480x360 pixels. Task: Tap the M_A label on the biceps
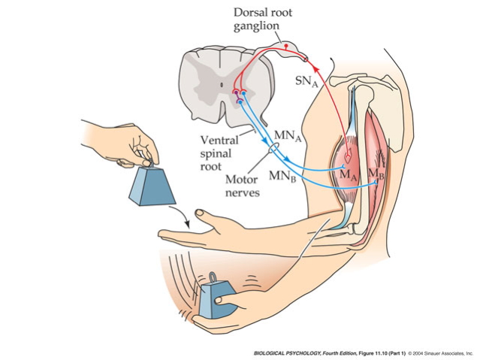[347, 174]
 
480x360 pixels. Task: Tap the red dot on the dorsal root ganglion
[285, 47]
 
